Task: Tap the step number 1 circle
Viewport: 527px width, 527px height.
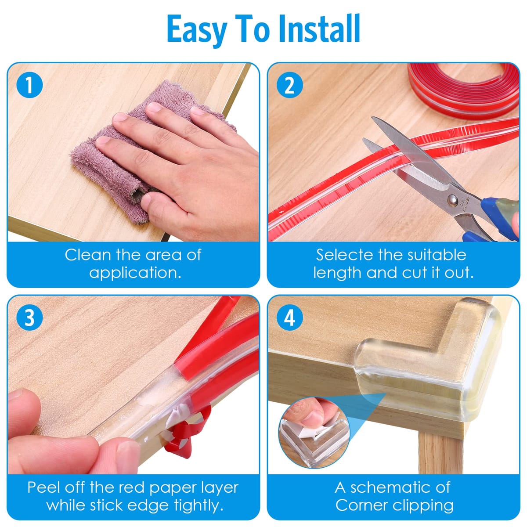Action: (29, 85)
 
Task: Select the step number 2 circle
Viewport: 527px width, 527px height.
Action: (289, 85)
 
